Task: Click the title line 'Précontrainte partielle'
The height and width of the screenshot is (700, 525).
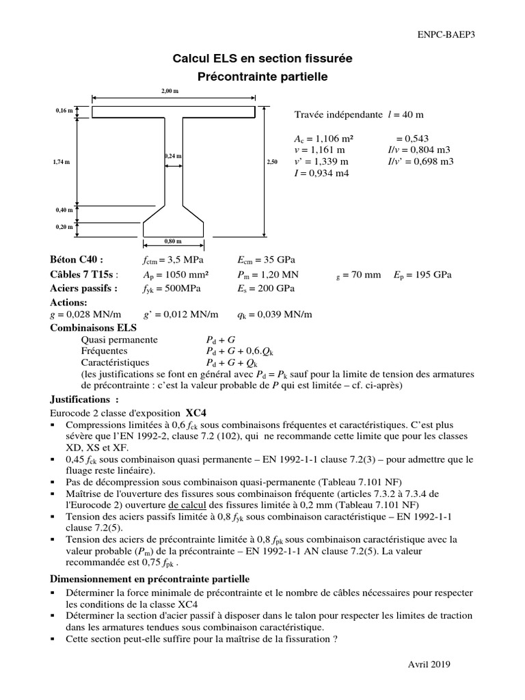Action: pos(254,78)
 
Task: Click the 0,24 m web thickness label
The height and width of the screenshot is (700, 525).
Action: pos(173,157)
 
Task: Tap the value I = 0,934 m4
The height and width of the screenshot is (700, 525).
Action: pos(321,173)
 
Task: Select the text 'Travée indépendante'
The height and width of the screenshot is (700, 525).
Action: pos(338,115)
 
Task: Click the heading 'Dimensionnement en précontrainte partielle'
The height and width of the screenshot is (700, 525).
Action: pos(150,578)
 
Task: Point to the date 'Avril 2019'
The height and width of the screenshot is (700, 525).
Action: pos(429,664)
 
